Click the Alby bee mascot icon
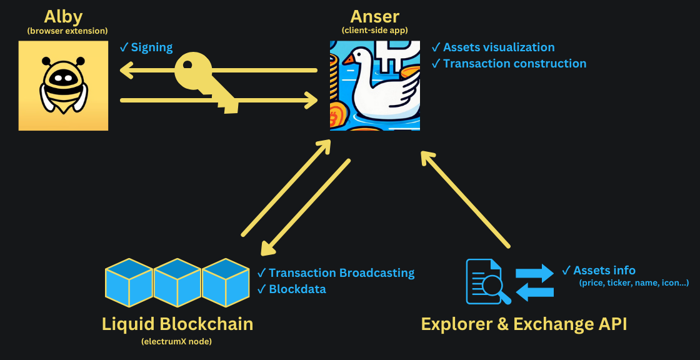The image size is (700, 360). [63, 86]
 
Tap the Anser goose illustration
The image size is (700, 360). [375, 86]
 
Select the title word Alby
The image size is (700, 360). [63, 16]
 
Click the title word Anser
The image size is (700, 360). [375, 16]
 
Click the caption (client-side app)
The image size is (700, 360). [375, 31]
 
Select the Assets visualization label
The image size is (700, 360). [498, 47]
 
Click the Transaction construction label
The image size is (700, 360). [514, 63]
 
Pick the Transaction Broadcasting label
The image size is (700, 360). [341, 272]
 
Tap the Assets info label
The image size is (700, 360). [604, 270]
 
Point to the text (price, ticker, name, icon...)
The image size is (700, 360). [634, 283]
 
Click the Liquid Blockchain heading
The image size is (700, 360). [177, 324]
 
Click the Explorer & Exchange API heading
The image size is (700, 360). [524, 324]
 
